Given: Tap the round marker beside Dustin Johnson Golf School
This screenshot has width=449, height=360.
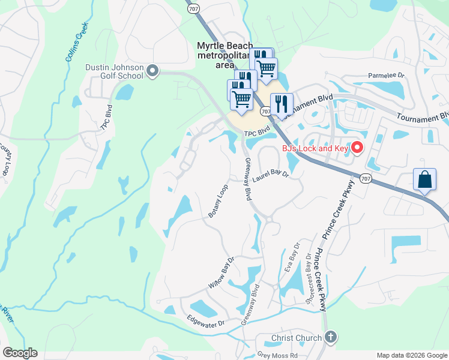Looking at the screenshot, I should point(152,72).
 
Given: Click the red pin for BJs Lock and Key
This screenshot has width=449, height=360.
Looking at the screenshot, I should point(357,146).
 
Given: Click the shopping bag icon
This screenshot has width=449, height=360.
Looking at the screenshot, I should point(424,179).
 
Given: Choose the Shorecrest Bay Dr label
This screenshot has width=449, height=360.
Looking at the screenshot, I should point(310,280).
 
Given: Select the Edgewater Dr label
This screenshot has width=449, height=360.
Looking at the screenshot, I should point(205,320).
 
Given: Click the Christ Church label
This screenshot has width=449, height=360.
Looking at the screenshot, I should point(297,338).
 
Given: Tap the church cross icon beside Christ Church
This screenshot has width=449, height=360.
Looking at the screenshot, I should point(330,337).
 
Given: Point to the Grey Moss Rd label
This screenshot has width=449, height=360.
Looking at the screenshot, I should point(277,355).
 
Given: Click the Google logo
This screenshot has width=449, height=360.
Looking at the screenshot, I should point(20,353).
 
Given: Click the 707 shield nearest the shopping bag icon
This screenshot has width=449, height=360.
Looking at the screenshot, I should point(365,179).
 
